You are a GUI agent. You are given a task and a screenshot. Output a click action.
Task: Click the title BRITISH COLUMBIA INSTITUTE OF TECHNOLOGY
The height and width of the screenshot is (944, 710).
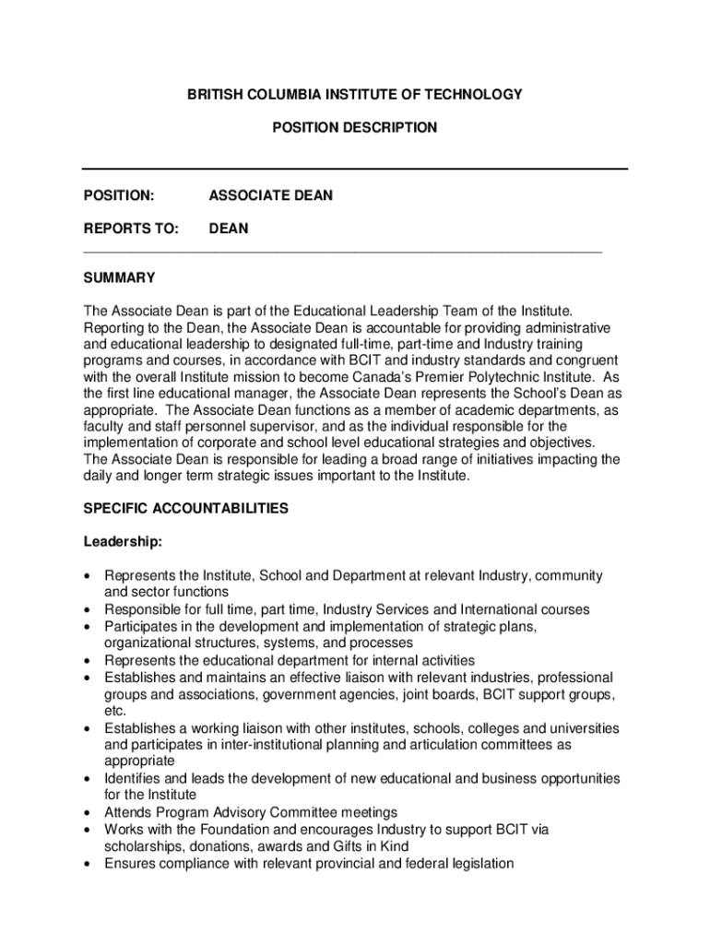[x=355, y=94]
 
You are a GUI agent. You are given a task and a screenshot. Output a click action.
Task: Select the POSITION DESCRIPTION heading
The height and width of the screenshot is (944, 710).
[x=355, y=127]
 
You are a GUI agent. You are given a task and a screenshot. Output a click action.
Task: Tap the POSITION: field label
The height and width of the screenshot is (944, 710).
[x=118, y=195]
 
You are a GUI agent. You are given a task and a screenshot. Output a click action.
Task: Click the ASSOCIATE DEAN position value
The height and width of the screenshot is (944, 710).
[x=271, y=195]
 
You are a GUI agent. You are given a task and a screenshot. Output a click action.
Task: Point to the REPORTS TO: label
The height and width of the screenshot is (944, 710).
[x=131, y=229]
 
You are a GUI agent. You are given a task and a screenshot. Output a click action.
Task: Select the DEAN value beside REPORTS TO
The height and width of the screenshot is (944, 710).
[x=229, y=229]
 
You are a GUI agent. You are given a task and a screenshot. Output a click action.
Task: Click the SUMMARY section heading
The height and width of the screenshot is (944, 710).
[x=119, y=278]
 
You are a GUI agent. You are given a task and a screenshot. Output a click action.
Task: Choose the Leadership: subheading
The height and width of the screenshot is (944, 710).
[x=123, y=541]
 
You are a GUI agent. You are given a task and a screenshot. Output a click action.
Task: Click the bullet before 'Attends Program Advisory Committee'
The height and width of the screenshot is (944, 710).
[x=88, y=813]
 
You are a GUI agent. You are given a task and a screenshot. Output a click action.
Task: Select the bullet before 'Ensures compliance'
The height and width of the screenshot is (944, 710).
[x=88, y=864]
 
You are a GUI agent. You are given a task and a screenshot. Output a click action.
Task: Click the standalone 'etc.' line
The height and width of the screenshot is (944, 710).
[x=114, y=711]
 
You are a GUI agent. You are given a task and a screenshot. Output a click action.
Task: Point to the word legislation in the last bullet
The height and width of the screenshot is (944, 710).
[x=479, y=864]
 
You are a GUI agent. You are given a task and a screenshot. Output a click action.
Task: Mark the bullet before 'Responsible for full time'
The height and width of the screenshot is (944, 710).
[x=88, y=609]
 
